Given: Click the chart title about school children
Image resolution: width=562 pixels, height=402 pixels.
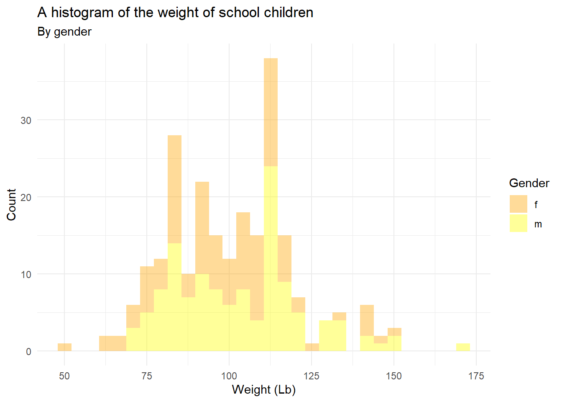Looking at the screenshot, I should point(175,13).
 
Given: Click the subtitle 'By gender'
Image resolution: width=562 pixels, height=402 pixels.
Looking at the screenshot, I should point(64,32).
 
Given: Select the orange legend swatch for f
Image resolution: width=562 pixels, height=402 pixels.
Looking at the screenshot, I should point(518,204).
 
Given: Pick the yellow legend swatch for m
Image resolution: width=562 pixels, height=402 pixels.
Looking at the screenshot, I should point(518,223).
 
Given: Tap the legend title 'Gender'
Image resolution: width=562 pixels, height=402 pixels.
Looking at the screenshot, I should point(529,183).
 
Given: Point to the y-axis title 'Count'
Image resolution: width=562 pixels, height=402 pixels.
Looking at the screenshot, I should point(11,204).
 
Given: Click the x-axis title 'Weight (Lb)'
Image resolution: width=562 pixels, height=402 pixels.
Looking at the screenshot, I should point(263,389).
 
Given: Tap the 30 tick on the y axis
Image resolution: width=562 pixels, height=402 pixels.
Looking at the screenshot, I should point(26,121).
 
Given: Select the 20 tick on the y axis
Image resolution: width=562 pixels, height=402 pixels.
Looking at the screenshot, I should point(26,197).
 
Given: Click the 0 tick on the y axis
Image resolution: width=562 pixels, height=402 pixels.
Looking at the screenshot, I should point(28,352).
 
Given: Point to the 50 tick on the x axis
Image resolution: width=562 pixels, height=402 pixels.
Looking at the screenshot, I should point(64,376).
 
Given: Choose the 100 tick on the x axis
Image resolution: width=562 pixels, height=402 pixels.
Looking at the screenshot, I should point(229,376).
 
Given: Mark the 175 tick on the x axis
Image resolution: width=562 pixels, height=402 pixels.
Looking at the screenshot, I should point(476,376).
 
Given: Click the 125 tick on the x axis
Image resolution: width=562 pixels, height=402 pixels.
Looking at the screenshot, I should point(312,376).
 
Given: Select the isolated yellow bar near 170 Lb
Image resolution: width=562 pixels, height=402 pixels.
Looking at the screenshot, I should point(463,347).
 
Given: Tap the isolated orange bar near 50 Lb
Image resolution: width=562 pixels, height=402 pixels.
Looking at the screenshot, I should point(64,347).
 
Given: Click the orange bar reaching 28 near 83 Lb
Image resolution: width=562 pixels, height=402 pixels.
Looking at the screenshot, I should point(174,189).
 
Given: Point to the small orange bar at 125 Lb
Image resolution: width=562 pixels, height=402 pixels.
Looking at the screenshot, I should point(312,347).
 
